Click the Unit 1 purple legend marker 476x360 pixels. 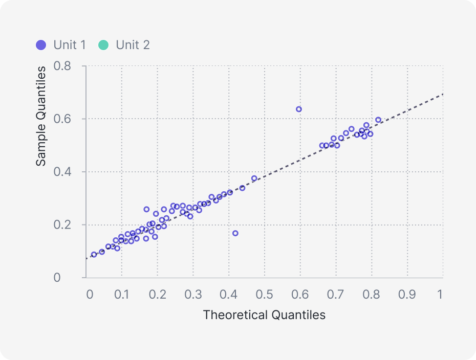coord(41,45)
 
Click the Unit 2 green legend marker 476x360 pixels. coord(103,45)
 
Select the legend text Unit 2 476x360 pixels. coord(133,45)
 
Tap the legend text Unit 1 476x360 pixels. coord(70,45)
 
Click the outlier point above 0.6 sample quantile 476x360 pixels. coord(299,109)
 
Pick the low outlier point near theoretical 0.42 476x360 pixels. coord(235,233)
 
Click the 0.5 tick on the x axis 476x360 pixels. coord(265,295)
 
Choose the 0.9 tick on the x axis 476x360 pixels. coord(407,295)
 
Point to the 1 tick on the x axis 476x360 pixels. coord(440,295)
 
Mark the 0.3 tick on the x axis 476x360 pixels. coord(193,295)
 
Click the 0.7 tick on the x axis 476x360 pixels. coord(336,295)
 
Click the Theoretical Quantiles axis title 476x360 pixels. coord(264,315)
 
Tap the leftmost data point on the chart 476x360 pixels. coord(94,255)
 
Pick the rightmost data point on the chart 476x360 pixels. coord(378,120)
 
